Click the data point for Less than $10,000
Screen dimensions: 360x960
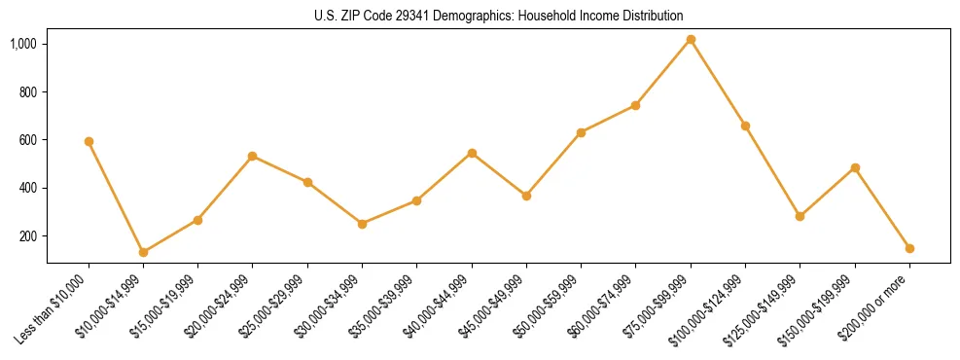point(89,141)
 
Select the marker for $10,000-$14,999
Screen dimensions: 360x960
point(143,252)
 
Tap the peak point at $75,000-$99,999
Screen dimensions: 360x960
point(691,40)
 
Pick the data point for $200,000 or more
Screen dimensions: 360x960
point(909,248)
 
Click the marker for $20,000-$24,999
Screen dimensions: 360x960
point(253,156)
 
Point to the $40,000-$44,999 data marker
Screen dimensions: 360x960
point(472,153)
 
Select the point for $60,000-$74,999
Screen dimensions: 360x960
point(636,105)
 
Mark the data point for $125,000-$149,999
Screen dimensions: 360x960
point(800,216)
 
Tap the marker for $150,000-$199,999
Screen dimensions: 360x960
point(855,167)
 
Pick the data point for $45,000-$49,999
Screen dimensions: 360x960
point(526,196)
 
